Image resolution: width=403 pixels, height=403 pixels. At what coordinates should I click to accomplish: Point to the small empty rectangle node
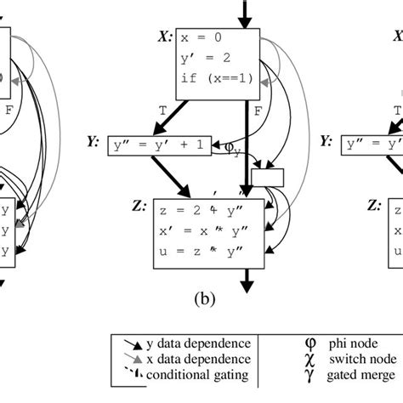point(266,177)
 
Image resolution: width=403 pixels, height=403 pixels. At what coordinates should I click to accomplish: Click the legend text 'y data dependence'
point(175,343)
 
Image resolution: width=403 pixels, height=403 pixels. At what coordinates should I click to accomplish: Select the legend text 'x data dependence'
point(175,358)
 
